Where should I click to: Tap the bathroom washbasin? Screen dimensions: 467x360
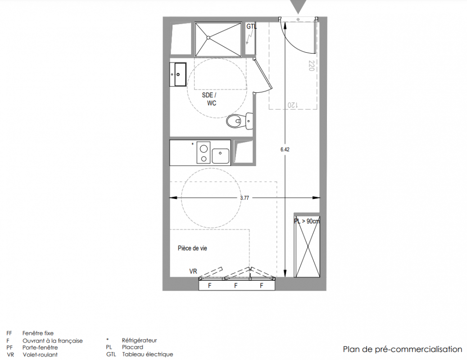point(178,74)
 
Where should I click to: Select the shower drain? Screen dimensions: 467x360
point(209,37)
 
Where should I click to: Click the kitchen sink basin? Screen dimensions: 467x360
point(220,156)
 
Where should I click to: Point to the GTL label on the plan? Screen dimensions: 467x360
point(251,27)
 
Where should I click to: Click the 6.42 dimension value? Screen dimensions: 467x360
point(285,149)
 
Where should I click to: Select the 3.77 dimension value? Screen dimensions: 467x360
point(245,198)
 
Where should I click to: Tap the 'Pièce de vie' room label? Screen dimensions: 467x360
point(192,248)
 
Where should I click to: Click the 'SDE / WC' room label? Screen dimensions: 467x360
point(209,99)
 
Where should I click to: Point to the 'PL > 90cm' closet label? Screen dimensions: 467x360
point(307,221)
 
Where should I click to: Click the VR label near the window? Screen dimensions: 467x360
point(193,271)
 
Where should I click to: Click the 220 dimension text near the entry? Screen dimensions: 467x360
point(312,66)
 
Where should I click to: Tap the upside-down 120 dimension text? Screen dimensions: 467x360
point(292,105)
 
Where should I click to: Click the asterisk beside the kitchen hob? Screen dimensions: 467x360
point(192,144)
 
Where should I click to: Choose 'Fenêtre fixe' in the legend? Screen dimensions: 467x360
point(38,333)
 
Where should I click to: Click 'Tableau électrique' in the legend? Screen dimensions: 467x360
point(147,354)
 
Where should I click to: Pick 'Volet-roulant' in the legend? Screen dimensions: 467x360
point(40,355)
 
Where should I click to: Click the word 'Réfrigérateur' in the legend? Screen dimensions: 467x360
point(140,340)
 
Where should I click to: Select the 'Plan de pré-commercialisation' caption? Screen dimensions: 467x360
point(403,349)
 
